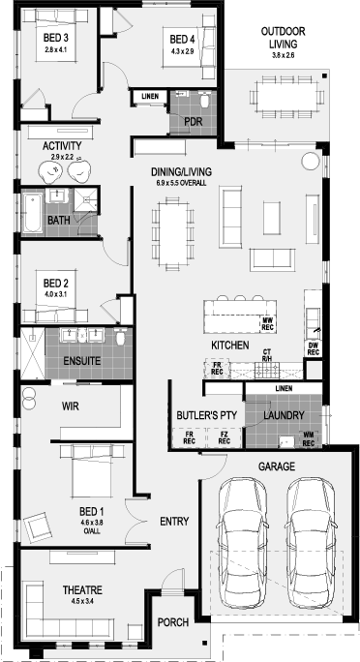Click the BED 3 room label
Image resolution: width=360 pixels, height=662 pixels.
coord(56,38)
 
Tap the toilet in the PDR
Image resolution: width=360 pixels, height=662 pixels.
coord(205,102)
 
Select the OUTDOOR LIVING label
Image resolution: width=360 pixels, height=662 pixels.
coord(283,37)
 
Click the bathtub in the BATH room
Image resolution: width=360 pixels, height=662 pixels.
coord(33,212)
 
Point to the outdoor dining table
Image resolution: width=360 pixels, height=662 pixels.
coord(286,96)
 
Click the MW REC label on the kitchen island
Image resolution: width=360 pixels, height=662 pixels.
coord(267,324)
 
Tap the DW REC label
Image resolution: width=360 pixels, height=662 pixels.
coord(313,348)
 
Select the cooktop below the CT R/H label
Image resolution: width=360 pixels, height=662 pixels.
coord(267,370)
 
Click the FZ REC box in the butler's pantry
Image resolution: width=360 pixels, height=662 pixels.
coord(225,437)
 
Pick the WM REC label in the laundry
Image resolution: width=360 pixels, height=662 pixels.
coord(309,439)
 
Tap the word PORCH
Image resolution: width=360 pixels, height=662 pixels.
coord(173,622)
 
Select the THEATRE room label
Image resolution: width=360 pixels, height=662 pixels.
coord(82,589)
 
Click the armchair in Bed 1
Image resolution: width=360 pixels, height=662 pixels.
coord(37,527)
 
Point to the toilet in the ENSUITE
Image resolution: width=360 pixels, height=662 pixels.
coord(121,337)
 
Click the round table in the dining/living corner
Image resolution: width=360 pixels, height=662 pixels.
coord(311,161)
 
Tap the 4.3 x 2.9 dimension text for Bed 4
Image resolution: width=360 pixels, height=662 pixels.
coord(182,51)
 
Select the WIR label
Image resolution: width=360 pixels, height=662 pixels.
coord(70,406)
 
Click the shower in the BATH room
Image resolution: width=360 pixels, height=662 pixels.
coord(86,199)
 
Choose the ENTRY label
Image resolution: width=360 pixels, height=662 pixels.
coord(174,522)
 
